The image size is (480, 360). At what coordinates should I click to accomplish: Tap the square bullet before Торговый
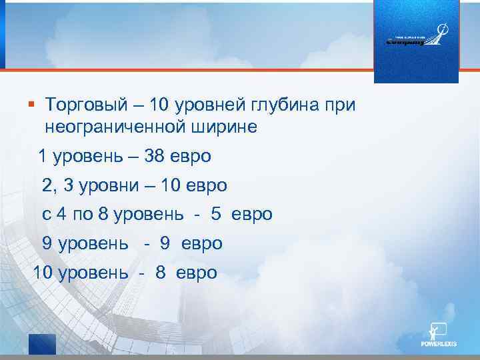[31, 104]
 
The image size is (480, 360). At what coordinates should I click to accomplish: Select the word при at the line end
[341, 105]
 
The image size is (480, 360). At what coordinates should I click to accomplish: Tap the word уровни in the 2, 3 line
[109, 185]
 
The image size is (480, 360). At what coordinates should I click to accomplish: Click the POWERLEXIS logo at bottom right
[439, 336]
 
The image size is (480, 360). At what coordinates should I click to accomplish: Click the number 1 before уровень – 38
[43, 157]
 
